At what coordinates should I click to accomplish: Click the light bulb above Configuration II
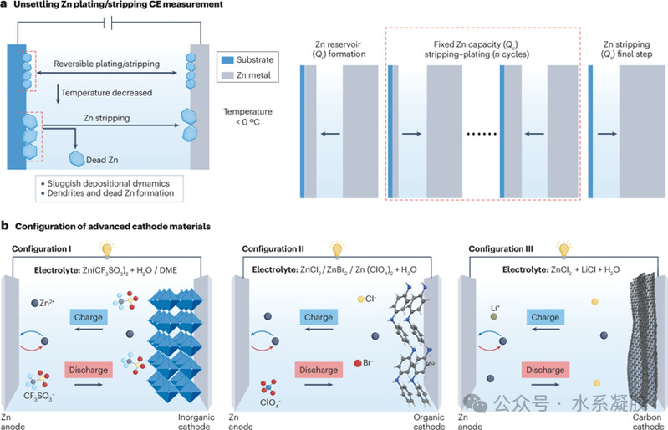click(338, 249)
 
